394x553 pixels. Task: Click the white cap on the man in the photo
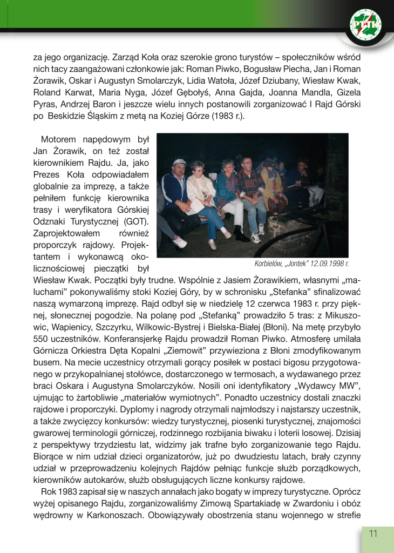[179, 162]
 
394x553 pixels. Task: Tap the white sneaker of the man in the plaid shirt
[256, 238]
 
